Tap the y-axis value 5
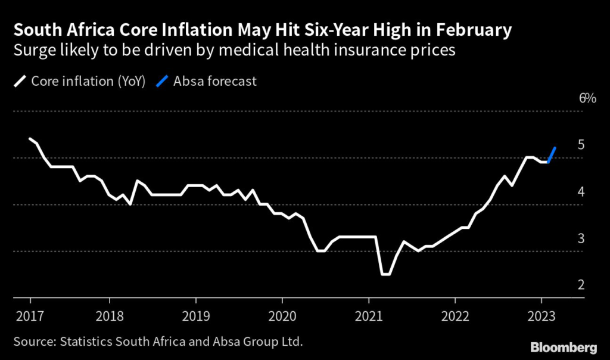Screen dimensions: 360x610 (x=581, y=145)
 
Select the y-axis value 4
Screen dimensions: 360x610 (x=581, y=191)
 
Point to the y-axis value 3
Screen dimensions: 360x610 (x=581, y=238)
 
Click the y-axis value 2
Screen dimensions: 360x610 (x=581, y=285)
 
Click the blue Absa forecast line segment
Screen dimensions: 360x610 (x=552, y=154)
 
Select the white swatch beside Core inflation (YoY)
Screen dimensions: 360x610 (x=20, y=82)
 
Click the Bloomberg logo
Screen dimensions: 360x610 (x=564, y=346)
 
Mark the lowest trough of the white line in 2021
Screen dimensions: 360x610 (x=385, y=274)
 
